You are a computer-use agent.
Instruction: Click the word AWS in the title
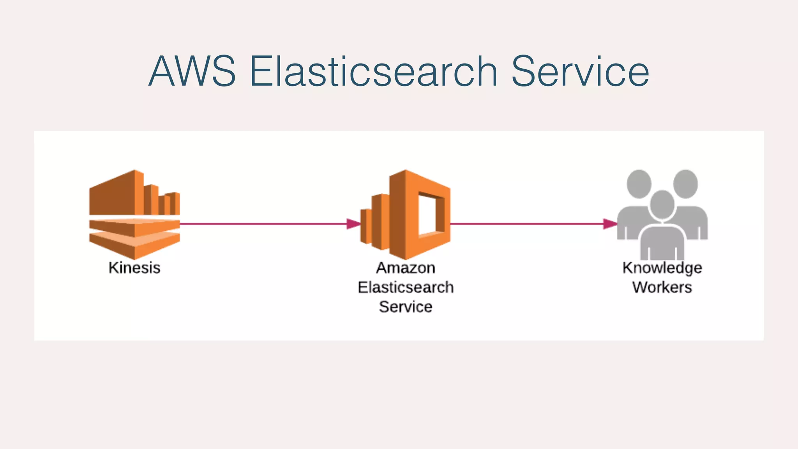[192, 71]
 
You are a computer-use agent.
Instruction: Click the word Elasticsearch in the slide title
[373, 71]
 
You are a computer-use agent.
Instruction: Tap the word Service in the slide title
[580, 71]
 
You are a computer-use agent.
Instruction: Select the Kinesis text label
[134, 268]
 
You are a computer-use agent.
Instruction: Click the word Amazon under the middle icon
[406, 268]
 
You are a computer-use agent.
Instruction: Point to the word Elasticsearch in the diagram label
[406, 287]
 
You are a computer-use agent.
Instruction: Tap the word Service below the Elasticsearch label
[406, 307]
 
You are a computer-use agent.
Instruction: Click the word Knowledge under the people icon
[662, 268]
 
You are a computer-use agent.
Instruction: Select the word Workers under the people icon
[662, 287]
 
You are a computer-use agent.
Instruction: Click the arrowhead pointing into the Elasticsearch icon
[353, 224]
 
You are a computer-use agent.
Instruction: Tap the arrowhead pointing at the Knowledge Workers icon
[610, 224]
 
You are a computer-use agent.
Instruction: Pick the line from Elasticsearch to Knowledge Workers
[526, 224]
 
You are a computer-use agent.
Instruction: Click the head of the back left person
[639, 183]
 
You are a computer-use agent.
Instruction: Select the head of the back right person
[685, 183]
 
